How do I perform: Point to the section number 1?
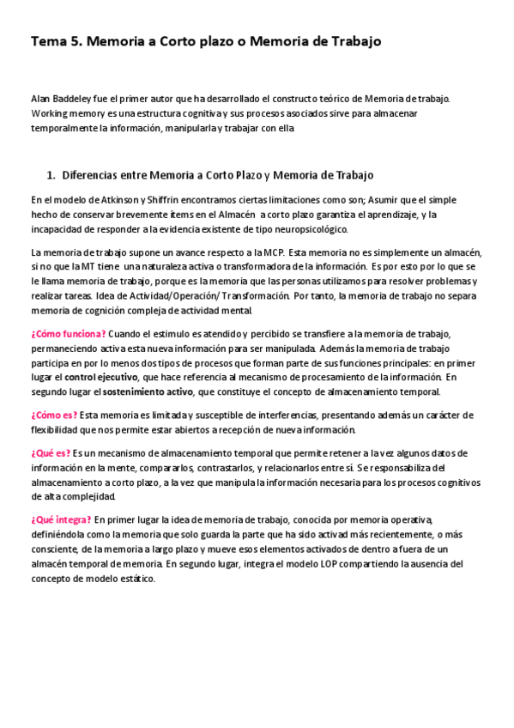coord(51,175)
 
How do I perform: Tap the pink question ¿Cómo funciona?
coord(69,333)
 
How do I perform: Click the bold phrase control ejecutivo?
coord(101,377)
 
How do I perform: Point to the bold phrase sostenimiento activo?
coord(148,391)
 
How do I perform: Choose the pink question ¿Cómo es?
coord(54,415)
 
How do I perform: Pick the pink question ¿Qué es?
coord(51,452)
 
